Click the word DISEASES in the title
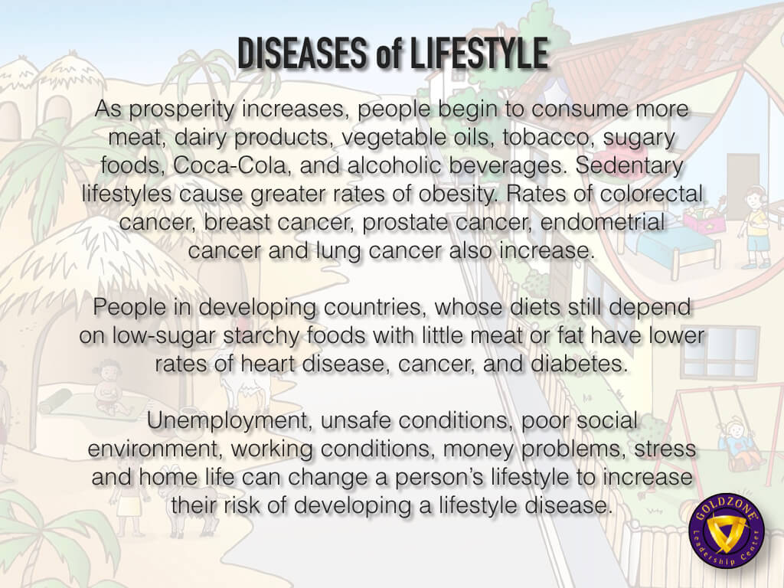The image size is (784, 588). tap(302, 53)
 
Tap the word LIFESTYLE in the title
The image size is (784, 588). tap(479, 53)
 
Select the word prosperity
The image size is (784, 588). tap(181, 109)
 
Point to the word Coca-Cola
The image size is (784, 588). tap(229, 165)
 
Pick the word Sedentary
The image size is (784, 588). tap(629, 166)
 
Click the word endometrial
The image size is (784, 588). tap(603, 222)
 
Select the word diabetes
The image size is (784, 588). tap(579, 364)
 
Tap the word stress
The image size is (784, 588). tap(665, 449)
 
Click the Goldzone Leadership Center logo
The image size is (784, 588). tap(725, 532)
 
